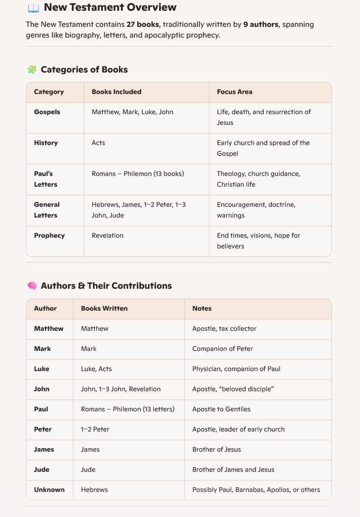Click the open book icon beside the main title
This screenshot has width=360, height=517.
(x=33, y=8)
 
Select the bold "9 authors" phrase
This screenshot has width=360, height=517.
(x=261, y=24)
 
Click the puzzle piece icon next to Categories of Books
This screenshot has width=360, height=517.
(x=32, y=69)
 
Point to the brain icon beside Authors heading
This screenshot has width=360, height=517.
(x=32, y=286)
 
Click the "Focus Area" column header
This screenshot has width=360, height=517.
(x=234, y=92)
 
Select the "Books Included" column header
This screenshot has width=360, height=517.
(x=116, y=92)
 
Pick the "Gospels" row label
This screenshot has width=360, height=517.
(x=47, y=112)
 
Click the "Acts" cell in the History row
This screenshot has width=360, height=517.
(x=98, y=143)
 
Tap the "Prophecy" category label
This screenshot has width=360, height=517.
(x=49, y=235)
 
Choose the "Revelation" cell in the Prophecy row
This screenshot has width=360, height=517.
(x=107, y=235)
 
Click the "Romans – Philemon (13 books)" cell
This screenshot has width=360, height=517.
(x=138, y=174)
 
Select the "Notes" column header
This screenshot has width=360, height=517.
(x=202, y=308)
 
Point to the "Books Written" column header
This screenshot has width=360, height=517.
(x=104, y=308)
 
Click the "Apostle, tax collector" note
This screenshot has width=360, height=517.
(x=224, y=329)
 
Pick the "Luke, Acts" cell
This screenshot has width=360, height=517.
(x=96, y=369)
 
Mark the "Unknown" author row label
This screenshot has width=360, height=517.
(x=49, y=490)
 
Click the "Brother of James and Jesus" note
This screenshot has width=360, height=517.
(x=233, y=470)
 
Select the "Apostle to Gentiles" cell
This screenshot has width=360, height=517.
(x=221, y=409)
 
